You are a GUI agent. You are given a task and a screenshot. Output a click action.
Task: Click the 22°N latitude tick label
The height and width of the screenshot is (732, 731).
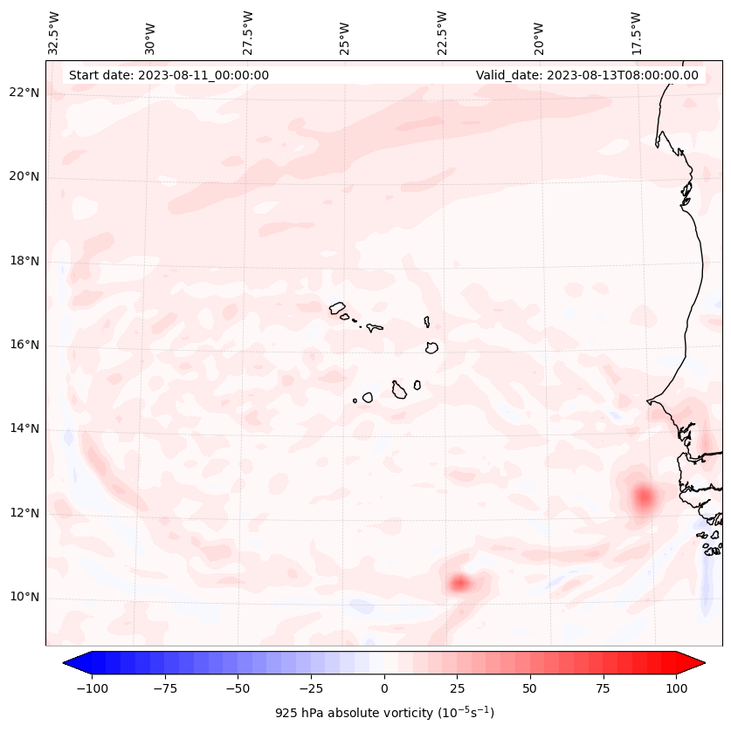[24, 93]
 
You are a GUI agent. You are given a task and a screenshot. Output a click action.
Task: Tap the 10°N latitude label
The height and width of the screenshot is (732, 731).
[24, 598]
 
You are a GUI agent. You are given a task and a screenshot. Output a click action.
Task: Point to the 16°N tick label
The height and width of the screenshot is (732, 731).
[24, 345]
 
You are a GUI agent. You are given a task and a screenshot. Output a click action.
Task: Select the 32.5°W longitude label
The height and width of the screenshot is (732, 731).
[54, 32]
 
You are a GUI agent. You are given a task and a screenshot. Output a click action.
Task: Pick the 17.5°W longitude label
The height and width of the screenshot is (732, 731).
[636, 32]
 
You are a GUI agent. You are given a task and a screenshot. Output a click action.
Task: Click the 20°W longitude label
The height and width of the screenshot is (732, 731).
[540, 35]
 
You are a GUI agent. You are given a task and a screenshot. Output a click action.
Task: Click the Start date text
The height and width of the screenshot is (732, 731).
[169, 75]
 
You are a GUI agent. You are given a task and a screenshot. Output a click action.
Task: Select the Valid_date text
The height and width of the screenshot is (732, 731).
[587, 75]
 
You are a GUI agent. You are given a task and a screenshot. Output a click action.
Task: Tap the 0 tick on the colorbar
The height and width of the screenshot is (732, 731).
[384, 688]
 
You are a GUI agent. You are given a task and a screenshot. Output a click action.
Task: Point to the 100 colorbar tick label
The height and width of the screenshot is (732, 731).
[676, 688]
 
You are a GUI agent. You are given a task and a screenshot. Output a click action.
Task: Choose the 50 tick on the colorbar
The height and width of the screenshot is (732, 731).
[530, 688]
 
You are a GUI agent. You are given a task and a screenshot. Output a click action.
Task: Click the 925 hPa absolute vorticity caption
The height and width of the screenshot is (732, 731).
[384, 713]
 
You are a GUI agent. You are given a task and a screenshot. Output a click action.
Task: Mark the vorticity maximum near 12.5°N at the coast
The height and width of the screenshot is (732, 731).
[644, 497]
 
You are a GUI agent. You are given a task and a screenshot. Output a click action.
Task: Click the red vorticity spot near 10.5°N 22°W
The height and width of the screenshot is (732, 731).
[460, 583]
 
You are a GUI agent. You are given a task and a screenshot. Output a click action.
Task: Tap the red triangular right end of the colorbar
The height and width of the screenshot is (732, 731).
[692, 664]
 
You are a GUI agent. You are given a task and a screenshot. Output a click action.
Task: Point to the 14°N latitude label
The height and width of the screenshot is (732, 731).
[24, 429]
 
